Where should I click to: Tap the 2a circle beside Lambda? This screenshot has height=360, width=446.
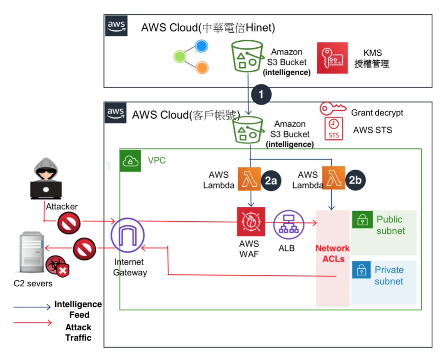point(271,180)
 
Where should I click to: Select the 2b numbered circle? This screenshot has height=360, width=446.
point(355,180)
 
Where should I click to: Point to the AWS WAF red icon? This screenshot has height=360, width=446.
point(251,221)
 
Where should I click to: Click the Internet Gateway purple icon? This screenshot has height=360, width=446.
point(127,236)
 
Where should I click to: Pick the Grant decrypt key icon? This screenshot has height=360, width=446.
point(332,108)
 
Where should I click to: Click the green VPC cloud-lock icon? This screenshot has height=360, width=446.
point(130,161)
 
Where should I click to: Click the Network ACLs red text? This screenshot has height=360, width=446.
point(332,253)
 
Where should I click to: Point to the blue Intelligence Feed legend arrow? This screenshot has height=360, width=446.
point(32,307)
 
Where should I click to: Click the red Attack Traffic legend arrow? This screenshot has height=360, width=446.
point(32,322)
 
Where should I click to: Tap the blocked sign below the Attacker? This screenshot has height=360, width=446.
point(69,225)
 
